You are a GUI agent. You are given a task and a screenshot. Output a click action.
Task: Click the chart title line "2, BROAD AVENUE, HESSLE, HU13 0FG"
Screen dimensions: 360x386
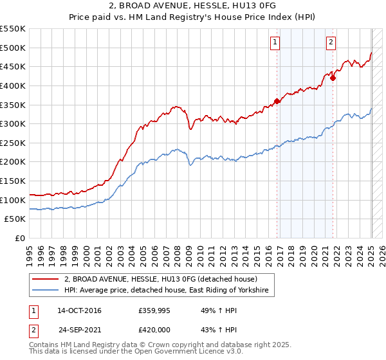coord(193,5)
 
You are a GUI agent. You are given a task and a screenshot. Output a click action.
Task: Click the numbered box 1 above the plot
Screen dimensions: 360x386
coord(275,42)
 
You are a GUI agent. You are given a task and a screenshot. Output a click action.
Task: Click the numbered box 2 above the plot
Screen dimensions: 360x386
coord(331,42)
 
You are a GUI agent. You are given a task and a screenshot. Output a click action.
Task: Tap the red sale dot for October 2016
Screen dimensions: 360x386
coord(277,101)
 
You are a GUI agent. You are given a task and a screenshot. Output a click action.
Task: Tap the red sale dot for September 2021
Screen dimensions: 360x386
coord(333,78)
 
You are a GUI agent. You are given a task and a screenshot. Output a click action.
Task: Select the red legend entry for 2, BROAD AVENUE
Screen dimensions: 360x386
coord(161,279)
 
